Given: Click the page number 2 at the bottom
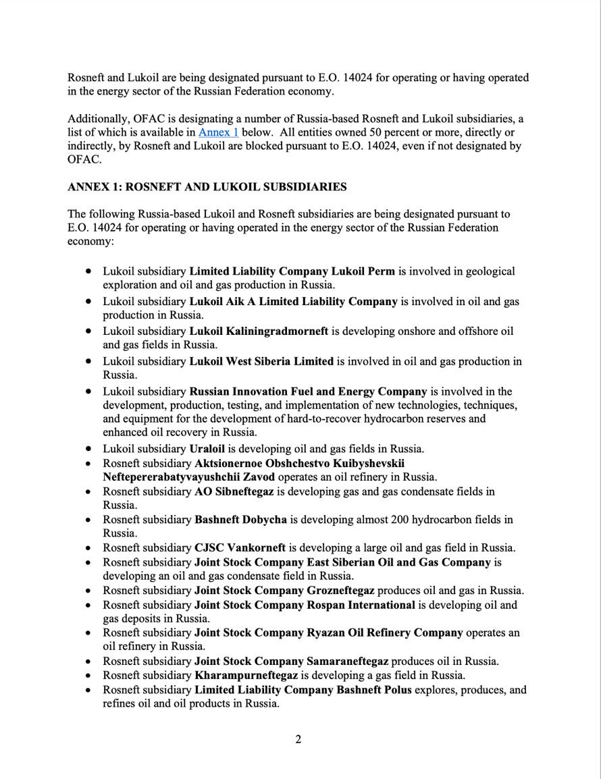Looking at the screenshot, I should [298, 738].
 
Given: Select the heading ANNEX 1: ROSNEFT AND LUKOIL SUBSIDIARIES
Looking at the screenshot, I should [207, 187].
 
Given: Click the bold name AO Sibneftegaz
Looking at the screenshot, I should [234, 491].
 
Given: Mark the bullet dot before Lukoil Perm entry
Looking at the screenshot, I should [89, 271].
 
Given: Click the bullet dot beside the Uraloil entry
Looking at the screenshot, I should [89, 449].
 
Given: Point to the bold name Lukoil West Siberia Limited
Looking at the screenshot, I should [261, 361].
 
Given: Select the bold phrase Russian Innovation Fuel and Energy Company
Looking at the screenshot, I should [308, 392].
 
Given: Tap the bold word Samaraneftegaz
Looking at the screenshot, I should [348, 661].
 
